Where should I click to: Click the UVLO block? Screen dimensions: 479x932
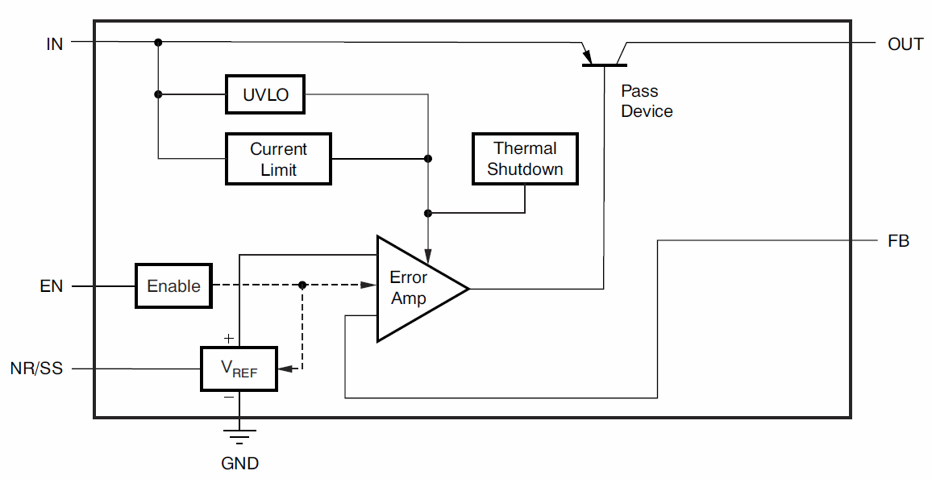pos(264,95)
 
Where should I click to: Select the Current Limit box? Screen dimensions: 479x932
pos(278,159)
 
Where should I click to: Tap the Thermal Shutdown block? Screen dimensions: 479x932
pos(525,159)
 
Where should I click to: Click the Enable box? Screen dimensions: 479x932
pos(173,285)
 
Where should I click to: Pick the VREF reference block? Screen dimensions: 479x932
pos(239,369)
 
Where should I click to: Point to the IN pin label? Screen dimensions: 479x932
pos(55,44)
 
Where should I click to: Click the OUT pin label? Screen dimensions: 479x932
pos(905,44)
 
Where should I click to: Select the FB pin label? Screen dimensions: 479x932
pos(898,240)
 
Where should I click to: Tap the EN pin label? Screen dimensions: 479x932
pos(52,286)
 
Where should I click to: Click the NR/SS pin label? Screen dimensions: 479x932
pos(36,369)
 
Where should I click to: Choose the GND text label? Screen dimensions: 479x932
pos(239,464)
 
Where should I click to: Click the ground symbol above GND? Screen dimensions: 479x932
pos(239,436)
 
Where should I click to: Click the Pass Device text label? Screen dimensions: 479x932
pos(647,102)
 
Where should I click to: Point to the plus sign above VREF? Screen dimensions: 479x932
pos(229,339)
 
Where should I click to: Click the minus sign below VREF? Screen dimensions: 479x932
pos(229,397)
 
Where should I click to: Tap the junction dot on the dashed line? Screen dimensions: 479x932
pos(302,285)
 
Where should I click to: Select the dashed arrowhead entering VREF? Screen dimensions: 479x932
pos(283,369)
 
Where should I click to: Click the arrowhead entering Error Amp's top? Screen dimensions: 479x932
pos(428,252)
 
